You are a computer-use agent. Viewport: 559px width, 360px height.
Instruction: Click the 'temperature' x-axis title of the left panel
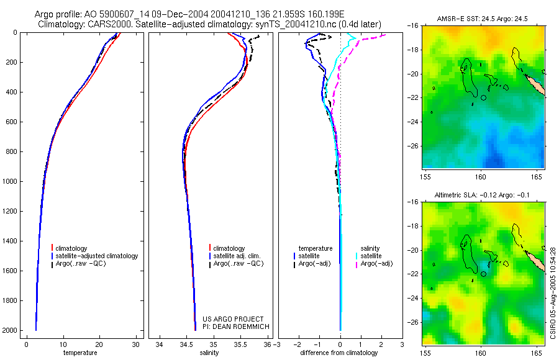(80, 353)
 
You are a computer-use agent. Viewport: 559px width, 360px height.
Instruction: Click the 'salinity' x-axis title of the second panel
(209, 353)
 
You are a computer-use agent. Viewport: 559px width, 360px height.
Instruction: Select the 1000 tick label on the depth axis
(9, 181)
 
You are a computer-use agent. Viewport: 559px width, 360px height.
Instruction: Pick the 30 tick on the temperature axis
(135, 344)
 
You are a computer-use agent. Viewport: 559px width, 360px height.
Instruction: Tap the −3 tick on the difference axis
(277, 344)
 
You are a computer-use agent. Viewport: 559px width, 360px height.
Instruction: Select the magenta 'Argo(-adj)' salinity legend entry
(376, 264)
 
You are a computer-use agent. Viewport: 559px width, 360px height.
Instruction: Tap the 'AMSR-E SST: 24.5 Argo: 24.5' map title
(483, 19)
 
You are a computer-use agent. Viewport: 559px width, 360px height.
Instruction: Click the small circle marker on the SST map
(484, 97)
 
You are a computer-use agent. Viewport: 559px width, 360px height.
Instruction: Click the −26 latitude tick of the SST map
(414, 146)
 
